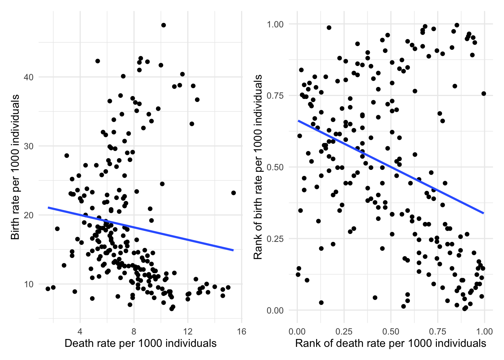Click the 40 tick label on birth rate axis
(29, 77)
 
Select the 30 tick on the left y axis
(29, 146)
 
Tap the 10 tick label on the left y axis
(29, 284)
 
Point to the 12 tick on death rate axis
(188, 331)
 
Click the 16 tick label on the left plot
(241, 331)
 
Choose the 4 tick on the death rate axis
(80, 331)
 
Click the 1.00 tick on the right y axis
(275, 24)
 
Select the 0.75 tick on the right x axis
(438, 331)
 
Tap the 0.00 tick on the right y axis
(275, 310)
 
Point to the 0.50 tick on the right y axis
(275, 167)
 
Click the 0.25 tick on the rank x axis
(344, 331)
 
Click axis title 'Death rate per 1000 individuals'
(141, 343)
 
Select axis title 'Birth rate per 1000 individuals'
(15, 167)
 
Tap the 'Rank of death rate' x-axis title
(390, 343)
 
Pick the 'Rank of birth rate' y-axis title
(258, 167)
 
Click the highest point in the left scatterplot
(163, 25)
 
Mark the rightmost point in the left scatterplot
(234, 193)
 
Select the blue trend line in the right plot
(390, 167)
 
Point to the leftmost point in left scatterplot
(48, 289)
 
